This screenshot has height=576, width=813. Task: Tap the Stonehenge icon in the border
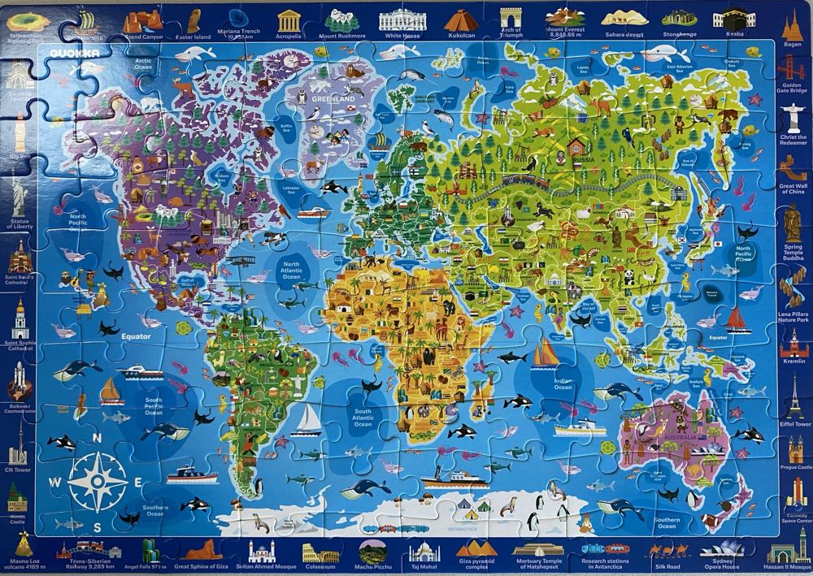coord(679,17)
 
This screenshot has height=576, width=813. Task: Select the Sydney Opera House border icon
coord(715,549)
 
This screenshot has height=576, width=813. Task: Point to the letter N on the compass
coord(98,438)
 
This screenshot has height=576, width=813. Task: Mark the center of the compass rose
coord(97,481)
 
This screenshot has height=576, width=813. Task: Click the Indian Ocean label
coord(563,383)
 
